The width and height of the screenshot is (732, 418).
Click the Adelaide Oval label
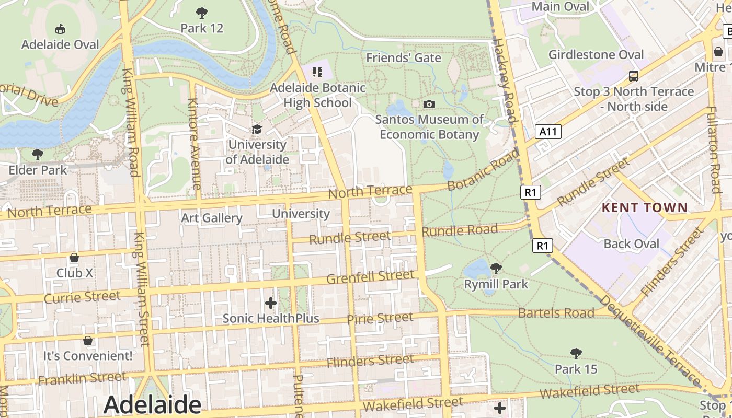(x=60, y=44)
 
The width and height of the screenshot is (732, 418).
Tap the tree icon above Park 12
(x=201, y=13)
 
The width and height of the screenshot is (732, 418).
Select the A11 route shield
(x=548, y=132)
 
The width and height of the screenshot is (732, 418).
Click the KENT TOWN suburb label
(x=644, y=207)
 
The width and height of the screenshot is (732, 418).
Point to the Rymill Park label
(x=496, y=284)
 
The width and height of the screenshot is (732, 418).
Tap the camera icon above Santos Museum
(x=429, y=104)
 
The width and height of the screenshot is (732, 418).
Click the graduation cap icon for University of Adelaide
(x=256, y=129)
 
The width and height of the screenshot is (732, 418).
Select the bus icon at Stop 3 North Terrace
(x=634, y=76)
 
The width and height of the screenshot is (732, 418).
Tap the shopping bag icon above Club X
(x=74, y=258)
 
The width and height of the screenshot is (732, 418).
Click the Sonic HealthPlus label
(x=271, y=318)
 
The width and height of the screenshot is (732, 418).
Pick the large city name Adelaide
(x=152, y=405)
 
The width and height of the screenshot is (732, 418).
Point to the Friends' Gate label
(x=403, y=57)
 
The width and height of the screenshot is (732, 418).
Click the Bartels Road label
(x=556, y=313)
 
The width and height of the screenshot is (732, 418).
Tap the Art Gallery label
(x=211, y=218)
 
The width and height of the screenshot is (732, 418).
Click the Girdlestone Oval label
(x=596, y=55)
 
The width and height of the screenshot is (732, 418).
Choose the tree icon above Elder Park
(x=37, y=155)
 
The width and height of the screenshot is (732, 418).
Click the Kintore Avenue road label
(x=193, y=144)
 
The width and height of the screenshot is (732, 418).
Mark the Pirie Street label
(x=380, y=318)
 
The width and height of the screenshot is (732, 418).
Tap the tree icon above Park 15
(x=576, y=354)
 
